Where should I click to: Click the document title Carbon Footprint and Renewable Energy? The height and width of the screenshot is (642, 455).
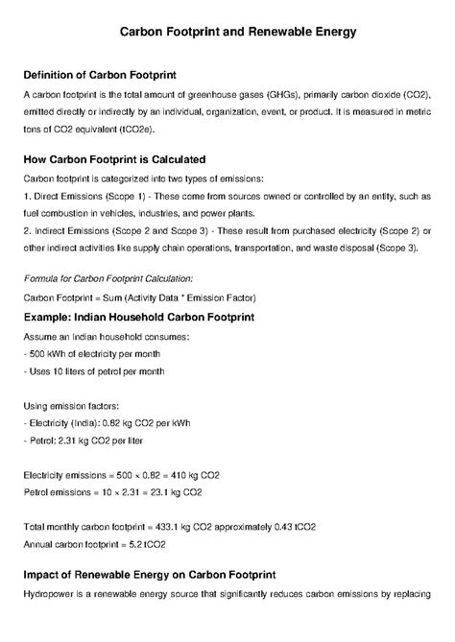237,32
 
